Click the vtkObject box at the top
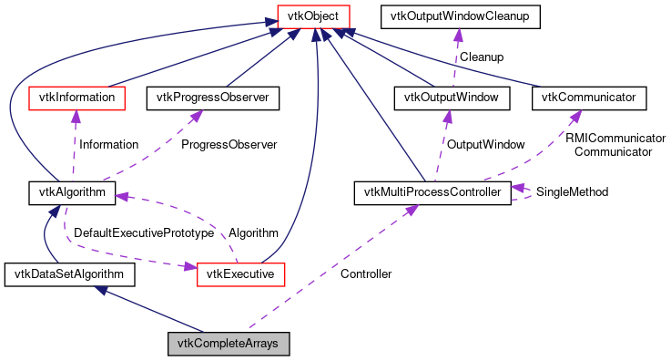[x=314, y=15]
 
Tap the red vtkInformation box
[x=76, y=96]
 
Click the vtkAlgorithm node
[x=71, y=192]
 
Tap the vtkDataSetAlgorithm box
[x=69, y=273]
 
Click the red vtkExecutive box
[x=241, y=273]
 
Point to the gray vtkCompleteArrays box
[x=229, y=345]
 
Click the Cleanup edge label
[x=482, y=56]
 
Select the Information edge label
[x=108, y=144]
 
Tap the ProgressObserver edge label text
[x=229, y=144]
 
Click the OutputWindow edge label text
[x=484, y=144]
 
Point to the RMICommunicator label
[x=615, y=138]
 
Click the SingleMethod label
[x=572, y=192]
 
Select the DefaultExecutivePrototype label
[x=137, y=233]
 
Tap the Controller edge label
[x=365, y=273]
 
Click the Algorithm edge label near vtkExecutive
[x=253, y=233]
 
